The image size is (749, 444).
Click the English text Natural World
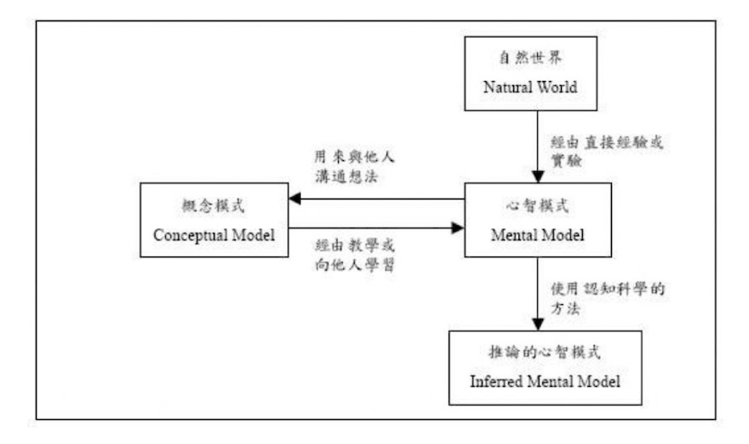click(x=530, y=87)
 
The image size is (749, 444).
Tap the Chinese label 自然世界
click(x=530, y=58)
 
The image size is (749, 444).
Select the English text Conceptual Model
click(x=214, y=235)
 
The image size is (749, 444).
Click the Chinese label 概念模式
click(x=213, y=205)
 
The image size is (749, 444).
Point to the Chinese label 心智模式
click(x=537, y=205)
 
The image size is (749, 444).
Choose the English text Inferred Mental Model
click(x=545, y=381)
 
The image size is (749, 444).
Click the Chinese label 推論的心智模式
click(x=545, y=352)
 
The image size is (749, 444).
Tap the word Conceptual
click(x=190, y=235)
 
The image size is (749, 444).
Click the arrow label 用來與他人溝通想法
click(x=354, y=166)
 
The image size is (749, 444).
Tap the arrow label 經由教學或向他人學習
click(x=355, y=255)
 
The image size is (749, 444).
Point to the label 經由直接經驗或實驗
click(x=607, y=151)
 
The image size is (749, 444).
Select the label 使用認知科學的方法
click(x=608, y=298)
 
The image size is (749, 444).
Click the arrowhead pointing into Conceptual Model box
click(x=294, y=199)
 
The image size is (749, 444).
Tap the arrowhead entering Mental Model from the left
click(x=458, y=228)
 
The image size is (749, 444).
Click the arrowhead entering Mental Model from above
click(x=538, y=176)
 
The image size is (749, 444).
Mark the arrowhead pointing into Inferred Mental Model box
click(x=538, y=324)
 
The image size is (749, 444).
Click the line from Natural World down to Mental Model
click(x=538, y=147)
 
